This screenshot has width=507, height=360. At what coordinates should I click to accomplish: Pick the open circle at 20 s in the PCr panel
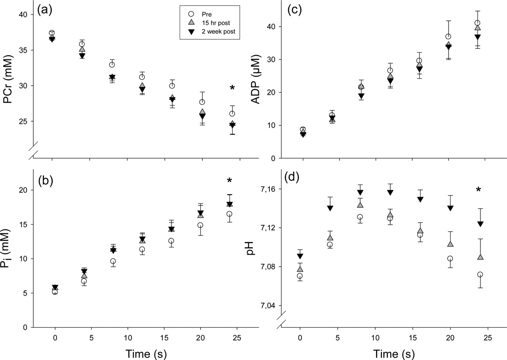(x=202, y=102)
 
